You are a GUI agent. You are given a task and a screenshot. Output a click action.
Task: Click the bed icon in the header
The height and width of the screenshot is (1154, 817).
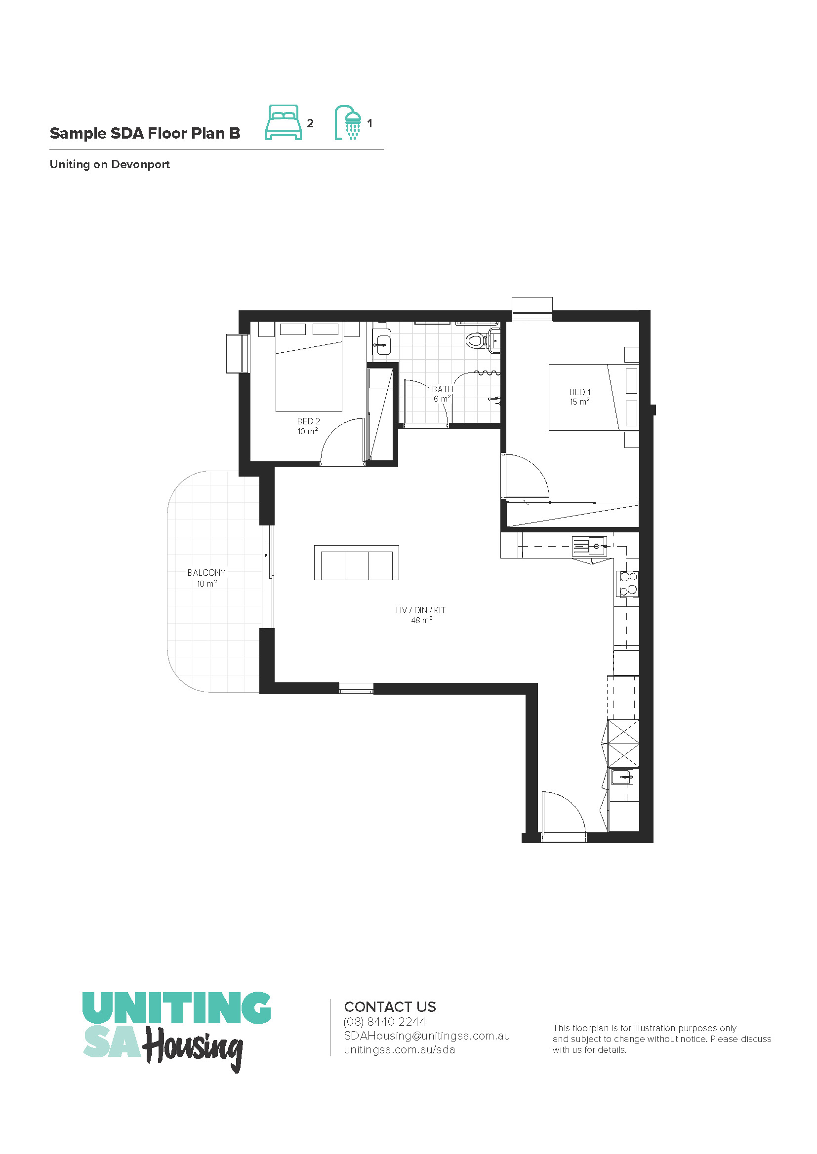pos(283,122)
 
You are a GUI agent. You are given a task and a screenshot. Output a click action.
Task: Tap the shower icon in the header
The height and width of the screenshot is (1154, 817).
pos(349,122)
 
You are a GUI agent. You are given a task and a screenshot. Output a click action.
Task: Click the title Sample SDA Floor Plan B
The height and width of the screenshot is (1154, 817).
pos(145,133)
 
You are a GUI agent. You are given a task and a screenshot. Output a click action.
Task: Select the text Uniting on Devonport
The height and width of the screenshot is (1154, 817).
pos(110,164)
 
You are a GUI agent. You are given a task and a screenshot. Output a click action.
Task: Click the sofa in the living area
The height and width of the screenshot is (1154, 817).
pos(357,562)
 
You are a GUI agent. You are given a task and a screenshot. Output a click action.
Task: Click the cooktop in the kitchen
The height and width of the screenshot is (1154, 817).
pos(627,584)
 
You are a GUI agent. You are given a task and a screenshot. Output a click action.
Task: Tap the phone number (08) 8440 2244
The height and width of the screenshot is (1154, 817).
pos(384,1021)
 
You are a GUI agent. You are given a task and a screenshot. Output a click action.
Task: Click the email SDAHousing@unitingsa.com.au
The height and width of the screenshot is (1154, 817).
pos(427,1036)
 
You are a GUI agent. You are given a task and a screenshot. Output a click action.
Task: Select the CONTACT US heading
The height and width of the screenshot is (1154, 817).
pos(390,1007)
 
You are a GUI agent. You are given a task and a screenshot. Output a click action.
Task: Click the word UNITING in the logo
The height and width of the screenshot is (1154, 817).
pos(176,1008)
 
